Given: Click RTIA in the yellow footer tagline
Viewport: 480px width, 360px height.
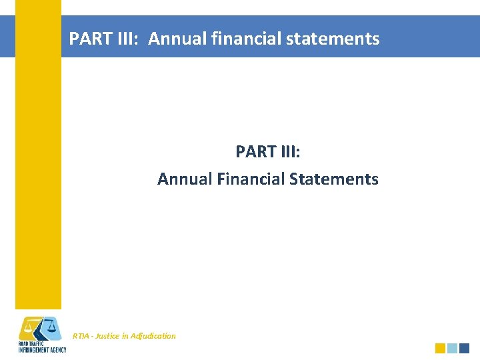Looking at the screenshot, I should [x=81, y=336].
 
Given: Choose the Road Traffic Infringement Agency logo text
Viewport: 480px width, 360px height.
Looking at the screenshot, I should [x=41, y=347].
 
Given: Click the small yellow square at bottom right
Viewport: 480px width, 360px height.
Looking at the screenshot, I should [x=440, y=348].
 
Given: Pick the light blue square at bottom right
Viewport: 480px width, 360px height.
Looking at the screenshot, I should [x=453, y=348].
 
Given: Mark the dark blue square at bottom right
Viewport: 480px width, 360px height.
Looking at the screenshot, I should [x=465, y=348].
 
